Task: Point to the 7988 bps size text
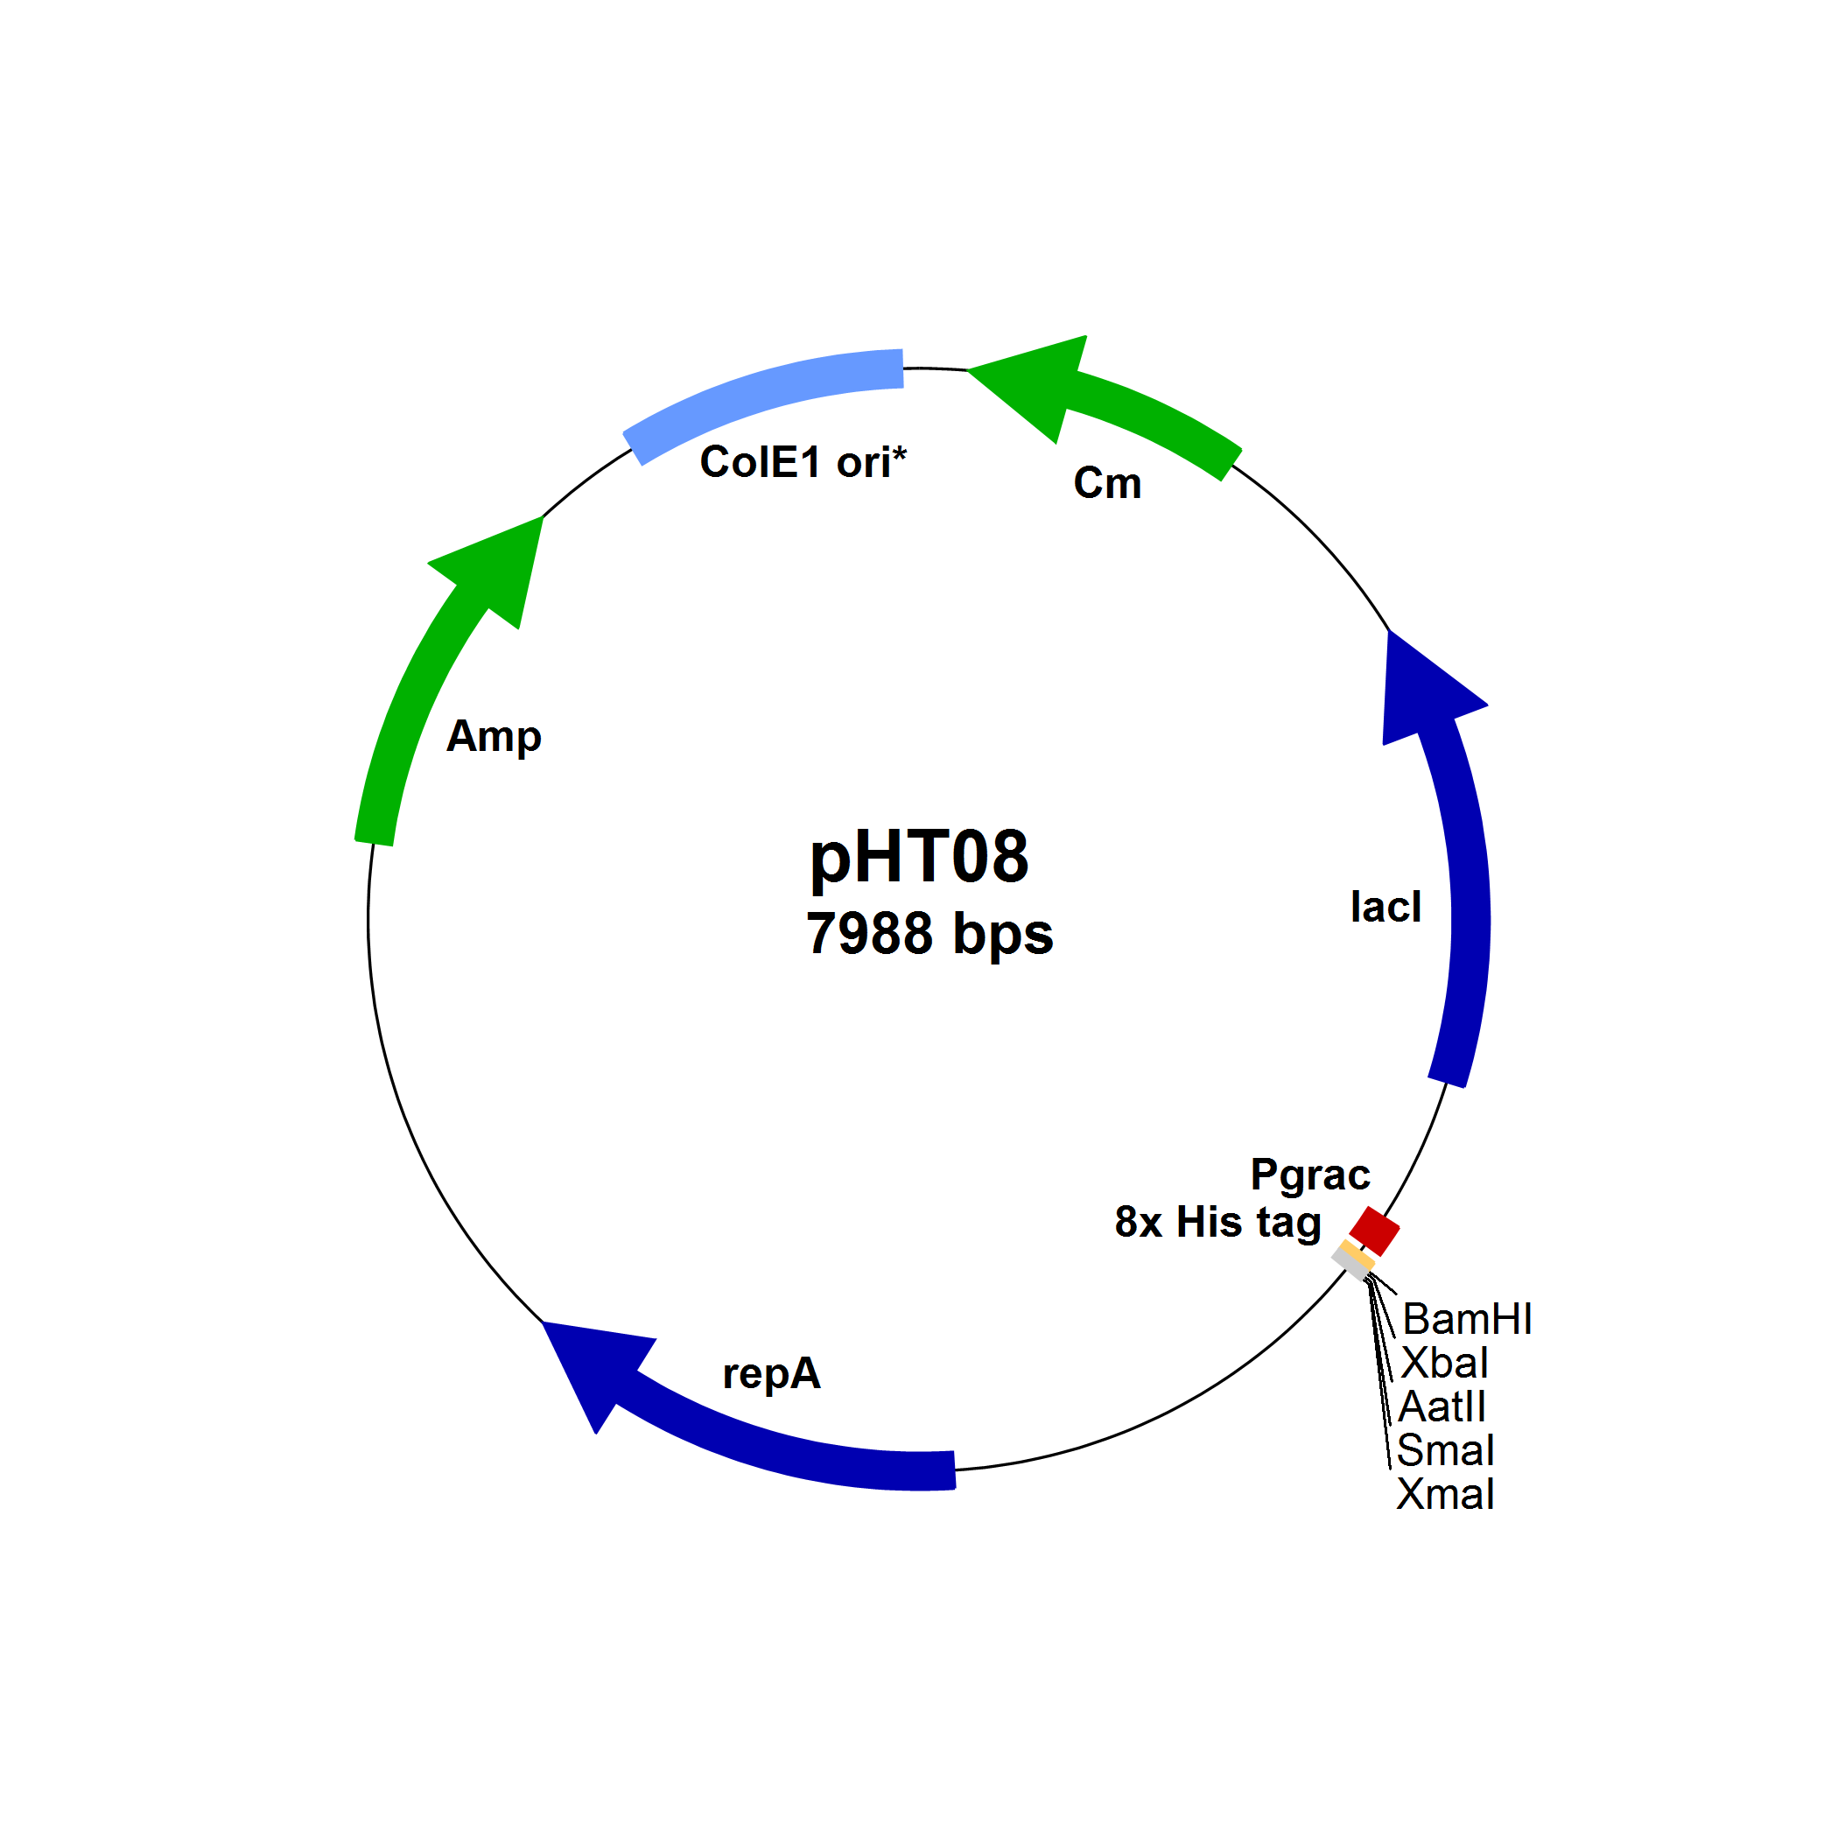(930, 933)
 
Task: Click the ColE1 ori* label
(803, 462)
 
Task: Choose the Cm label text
(1107, 483)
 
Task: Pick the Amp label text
(494, 737)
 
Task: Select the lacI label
(1386, 907)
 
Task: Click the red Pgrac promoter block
(1375, 1231)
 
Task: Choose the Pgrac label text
(1310, 1175)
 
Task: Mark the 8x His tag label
(1217, 1223)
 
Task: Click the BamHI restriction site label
(1467, 1320)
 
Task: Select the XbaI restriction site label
(1445, 1364)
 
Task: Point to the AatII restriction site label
(1442, 1407)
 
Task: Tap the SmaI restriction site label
(1445, 1451)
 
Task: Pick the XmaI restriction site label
(1445, 1495)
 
